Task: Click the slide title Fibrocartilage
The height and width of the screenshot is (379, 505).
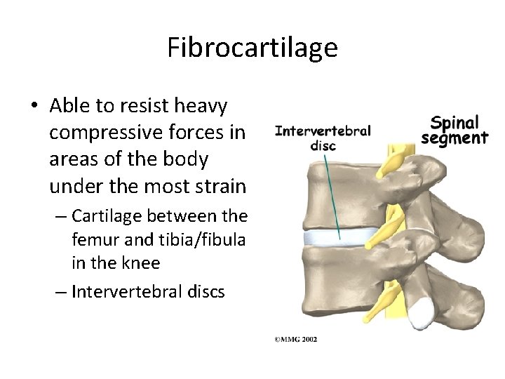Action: pyautogui.click(x=252, y=48)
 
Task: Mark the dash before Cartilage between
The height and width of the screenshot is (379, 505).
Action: pyautogui.click(x=60, y=215)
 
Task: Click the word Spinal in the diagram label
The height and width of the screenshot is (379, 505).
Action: pyautogui.click(x=454, y=122)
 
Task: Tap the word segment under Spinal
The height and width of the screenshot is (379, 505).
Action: pyautogui.click(x=454, y=138)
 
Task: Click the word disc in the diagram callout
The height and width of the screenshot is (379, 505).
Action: pyautogui.click(x=323, y=146)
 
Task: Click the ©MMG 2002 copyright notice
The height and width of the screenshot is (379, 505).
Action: pyautogui.click(x=295, y=338)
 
